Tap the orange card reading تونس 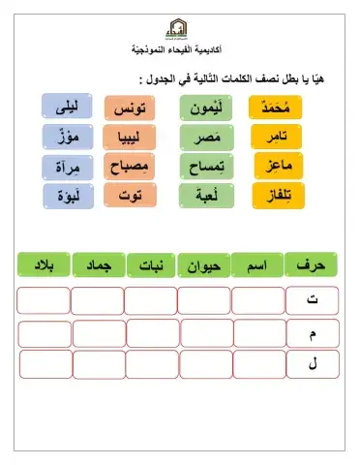129,107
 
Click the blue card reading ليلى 68,106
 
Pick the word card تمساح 204,167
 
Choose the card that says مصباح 129,167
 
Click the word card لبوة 68,197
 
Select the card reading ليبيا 129,137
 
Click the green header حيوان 204,263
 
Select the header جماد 97,263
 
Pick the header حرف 312,263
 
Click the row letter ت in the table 312,300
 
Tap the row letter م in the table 312,332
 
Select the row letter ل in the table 312,364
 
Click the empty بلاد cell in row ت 44,300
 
